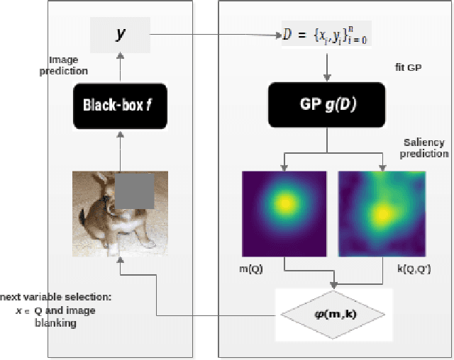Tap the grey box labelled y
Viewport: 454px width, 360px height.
click(x=120, y=34)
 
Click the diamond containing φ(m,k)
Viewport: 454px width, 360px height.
click(x=331, y=313)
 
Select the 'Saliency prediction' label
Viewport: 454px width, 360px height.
click(x=424, y=148)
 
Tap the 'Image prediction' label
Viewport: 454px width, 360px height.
click(x=68, y=65)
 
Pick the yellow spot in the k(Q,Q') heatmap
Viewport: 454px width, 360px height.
click(x=384, y=213)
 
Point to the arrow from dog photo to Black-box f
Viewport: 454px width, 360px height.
click(x=120, y=150)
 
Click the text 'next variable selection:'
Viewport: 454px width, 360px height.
click(x=57, y=297)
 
